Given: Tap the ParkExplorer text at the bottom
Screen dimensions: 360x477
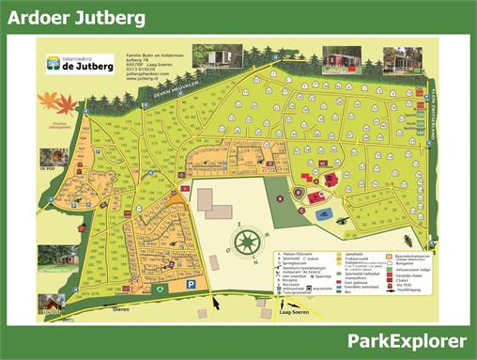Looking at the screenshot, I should point(407,339).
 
